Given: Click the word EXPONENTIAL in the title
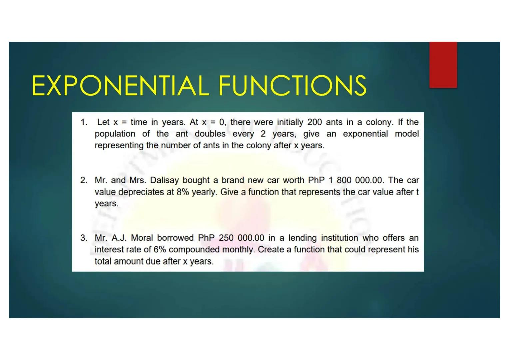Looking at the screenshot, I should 120,85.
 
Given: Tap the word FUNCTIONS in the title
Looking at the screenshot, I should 292,85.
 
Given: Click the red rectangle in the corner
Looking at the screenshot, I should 443,65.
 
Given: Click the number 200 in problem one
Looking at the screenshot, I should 314,122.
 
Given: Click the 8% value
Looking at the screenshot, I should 183,192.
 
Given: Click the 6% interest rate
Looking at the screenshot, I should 160,250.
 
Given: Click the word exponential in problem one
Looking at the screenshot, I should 365,134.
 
